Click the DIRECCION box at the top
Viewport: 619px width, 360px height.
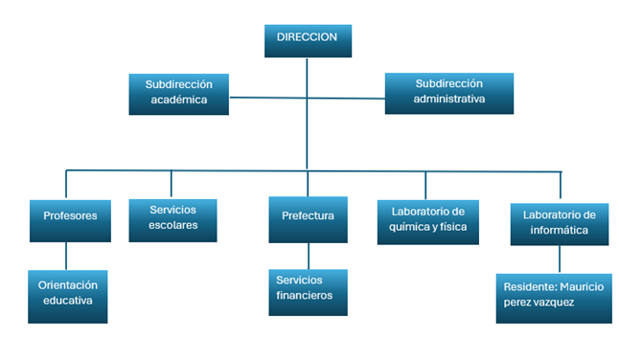click(307, 39)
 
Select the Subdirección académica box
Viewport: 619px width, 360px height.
click(178, 93)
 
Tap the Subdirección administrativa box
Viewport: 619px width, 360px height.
click(449, 91)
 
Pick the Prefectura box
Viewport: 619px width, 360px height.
click(308, 216)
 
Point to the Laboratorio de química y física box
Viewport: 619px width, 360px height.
click(427, 218)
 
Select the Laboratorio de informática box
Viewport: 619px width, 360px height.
click(560, 222)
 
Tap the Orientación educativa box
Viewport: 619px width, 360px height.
click(66, 294)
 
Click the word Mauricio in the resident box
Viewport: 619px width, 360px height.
click(580, 285)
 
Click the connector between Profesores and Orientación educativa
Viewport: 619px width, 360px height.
click(66, 255)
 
